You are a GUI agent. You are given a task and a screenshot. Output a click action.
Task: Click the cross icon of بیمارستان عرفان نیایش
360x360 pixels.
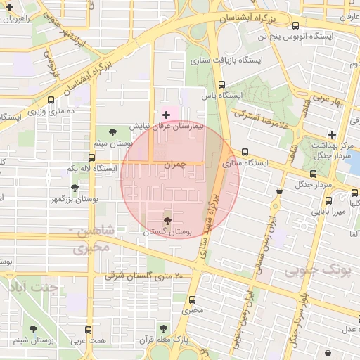pyautogui.click(x=166, y=115)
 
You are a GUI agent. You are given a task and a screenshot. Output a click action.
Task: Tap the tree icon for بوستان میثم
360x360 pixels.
pyautogui.click(x=114, y=131)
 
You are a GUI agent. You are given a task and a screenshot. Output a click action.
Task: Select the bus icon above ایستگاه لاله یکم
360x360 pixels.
pyautogui.click(x=92, y=157)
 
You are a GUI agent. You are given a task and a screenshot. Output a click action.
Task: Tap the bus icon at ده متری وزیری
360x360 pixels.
pyautogui.click(x=51, y=100)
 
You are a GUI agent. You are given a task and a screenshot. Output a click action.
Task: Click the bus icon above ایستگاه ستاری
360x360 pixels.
pyautogui.click(x=245, y=152)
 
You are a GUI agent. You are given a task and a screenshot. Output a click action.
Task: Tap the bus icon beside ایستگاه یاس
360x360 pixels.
pyautogui.click(x=222, y=84)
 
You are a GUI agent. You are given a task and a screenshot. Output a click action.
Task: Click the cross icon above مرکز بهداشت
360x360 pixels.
pyautogui.click(x=332, y=134)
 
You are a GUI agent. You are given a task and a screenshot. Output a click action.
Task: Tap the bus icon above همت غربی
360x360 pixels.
pyautogui.click(x=88, y=330)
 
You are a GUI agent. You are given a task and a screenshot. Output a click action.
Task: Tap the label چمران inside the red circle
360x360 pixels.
pyautogui.click(x=175, y=163)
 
